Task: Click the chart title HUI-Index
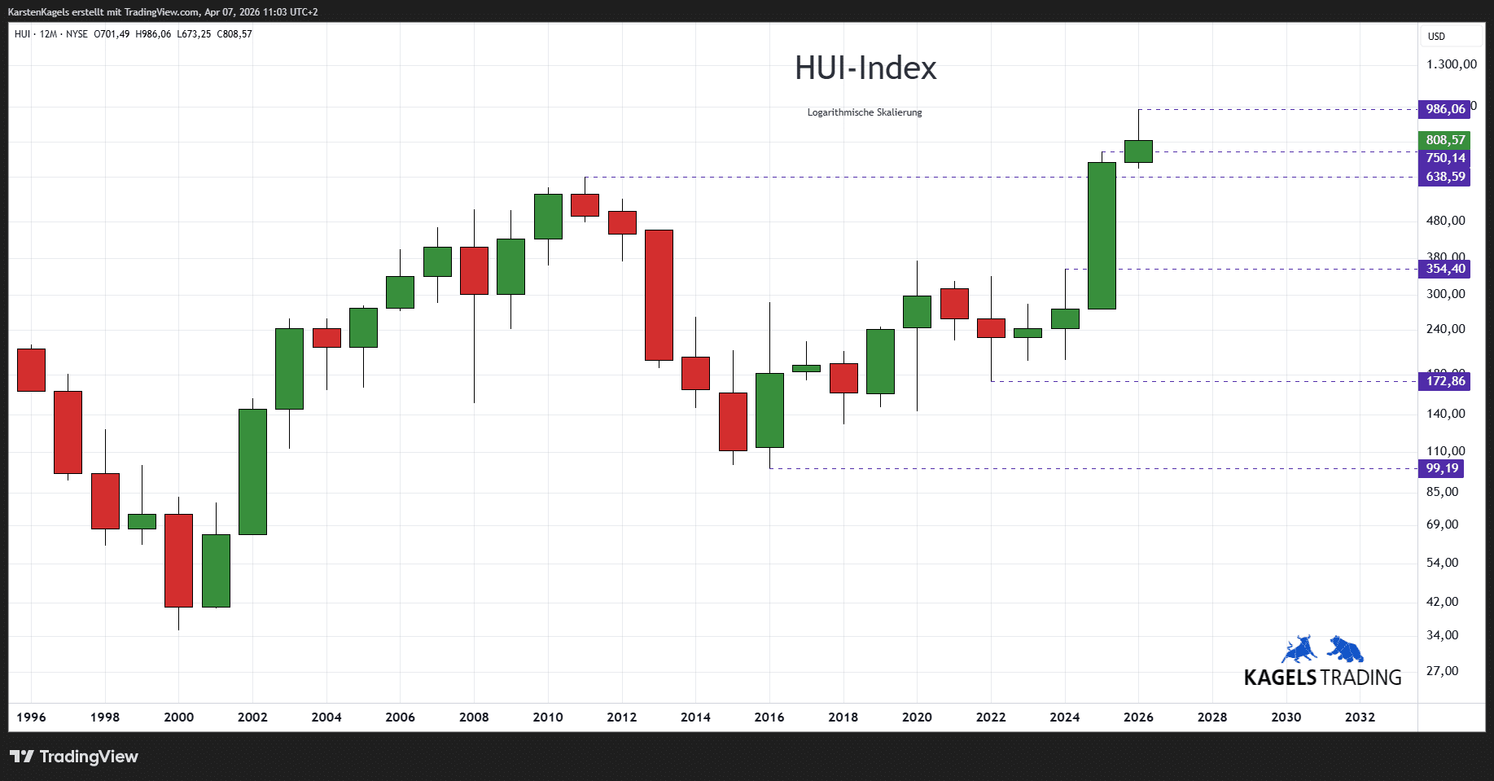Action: click(x=865, y=68)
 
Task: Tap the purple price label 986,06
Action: click(x=1444, y=109)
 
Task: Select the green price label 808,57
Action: click(x=1444, y=140)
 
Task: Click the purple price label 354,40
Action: click(x=1444, y=269)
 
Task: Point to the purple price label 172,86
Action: click(x=1444, y=381)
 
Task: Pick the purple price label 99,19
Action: click(x=1441, y=468)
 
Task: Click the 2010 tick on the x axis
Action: click(x=548, y=717)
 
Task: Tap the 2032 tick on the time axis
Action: click(x=1360, y=717)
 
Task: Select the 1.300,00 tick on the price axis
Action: click(x=1451, y=64)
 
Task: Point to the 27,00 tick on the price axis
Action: click(x=1442, y=671)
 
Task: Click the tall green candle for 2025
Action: click(x=1102, y=235)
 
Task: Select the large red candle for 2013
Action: click(x=659, y=295)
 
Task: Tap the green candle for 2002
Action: click(x=252, y=472)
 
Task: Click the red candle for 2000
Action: click(x=178, y=560)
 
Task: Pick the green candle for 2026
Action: click(x=1138, y=151)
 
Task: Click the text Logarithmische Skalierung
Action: click(x=865, y=112)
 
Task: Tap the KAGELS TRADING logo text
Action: click(x=1322, y=678)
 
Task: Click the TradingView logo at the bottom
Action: click(x=74, y=757)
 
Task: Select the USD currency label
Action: click(x=1436, y=37)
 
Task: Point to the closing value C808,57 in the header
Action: click(x=234, y=34)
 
